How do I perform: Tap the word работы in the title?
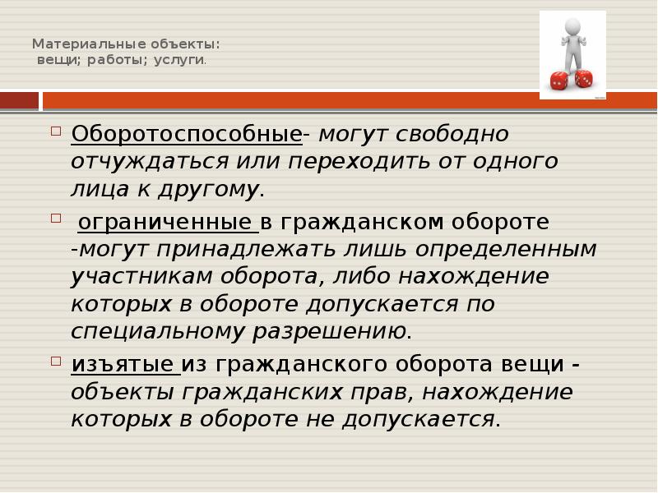(114, 61)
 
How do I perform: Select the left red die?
(559, 81)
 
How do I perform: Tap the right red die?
(583, 78)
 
